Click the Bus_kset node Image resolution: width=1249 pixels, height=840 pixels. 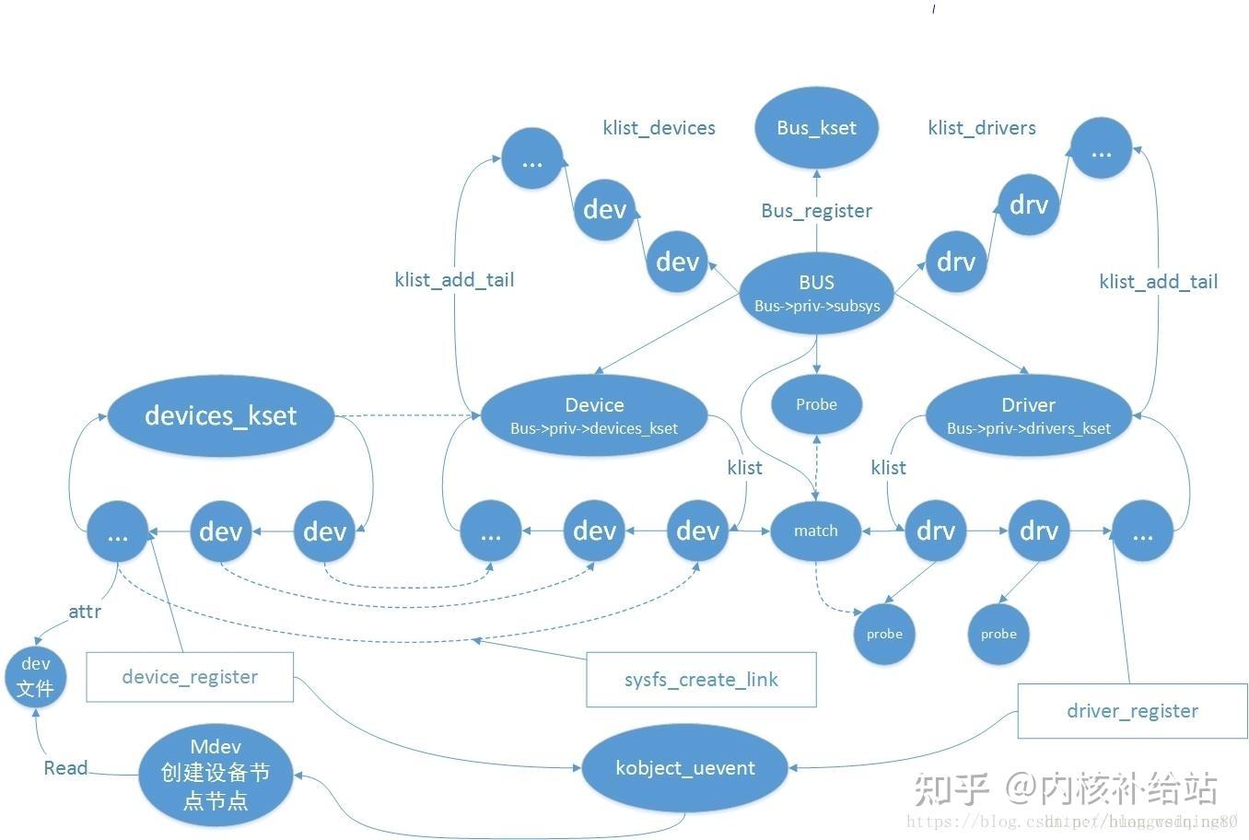tap(816, 128)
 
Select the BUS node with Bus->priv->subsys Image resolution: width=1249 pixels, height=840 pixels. tap(816, 294)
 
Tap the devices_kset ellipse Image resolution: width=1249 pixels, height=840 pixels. tap(221, 415)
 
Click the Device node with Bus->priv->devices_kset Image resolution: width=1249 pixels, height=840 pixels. tap(594, 415)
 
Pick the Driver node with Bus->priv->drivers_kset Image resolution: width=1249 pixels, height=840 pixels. tap(1028, 415)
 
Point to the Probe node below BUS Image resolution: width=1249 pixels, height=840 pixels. tap(816, 404)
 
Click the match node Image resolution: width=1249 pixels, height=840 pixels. tap(815, 531)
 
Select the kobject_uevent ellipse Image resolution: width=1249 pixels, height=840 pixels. tap(685, 768)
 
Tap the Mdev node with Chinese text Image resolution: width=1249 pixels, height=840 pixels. tap(216, 775)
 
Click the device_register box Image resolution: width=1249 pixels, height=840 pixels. tap(190, 677)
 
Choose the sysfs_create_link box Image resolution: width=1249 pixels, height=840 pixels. tap(701, 680)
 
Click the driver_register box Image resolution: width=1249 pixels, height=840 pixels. tap(1132, 711)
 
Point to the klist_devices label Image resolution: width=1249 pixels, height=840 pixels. tap(659, 128)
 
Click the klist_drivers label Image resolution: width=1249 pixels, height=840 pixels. tap(982, 128)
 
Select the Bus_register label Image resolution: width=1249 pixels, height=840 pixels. tap(816, 211)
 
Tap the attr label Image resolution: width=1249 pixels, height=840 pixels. tap(85, 612)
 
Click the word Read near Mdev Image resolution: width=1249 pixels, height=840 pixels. tap(65, 768)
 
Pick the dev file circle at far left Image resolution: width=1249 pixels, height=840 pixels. tap(36, 677)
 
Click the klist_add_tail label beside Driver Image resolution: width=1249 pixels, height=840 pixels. tap(1158, 282)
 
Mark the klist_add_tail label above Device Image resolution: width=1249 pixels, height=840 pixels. tap(454, 280)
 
